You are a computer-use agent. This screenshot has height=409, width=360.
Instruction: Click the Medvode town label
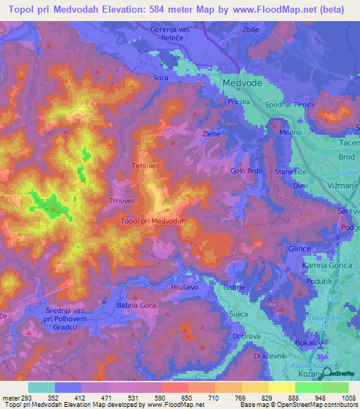point(242,82)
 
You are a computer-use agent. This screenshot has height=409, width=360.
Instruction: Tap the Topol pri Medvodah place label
point(153,221)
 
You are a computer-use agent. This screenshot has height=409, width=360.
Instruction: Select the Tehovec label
point(146,167)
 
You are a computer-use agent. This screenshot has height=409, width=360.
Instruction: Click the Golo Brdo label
point(247,170)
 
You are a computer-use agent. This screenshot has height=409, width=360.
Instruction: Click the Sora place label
point(161,79)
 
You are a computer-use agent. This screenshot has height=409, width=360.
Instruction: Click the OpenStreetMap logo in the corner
point(340,373)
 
